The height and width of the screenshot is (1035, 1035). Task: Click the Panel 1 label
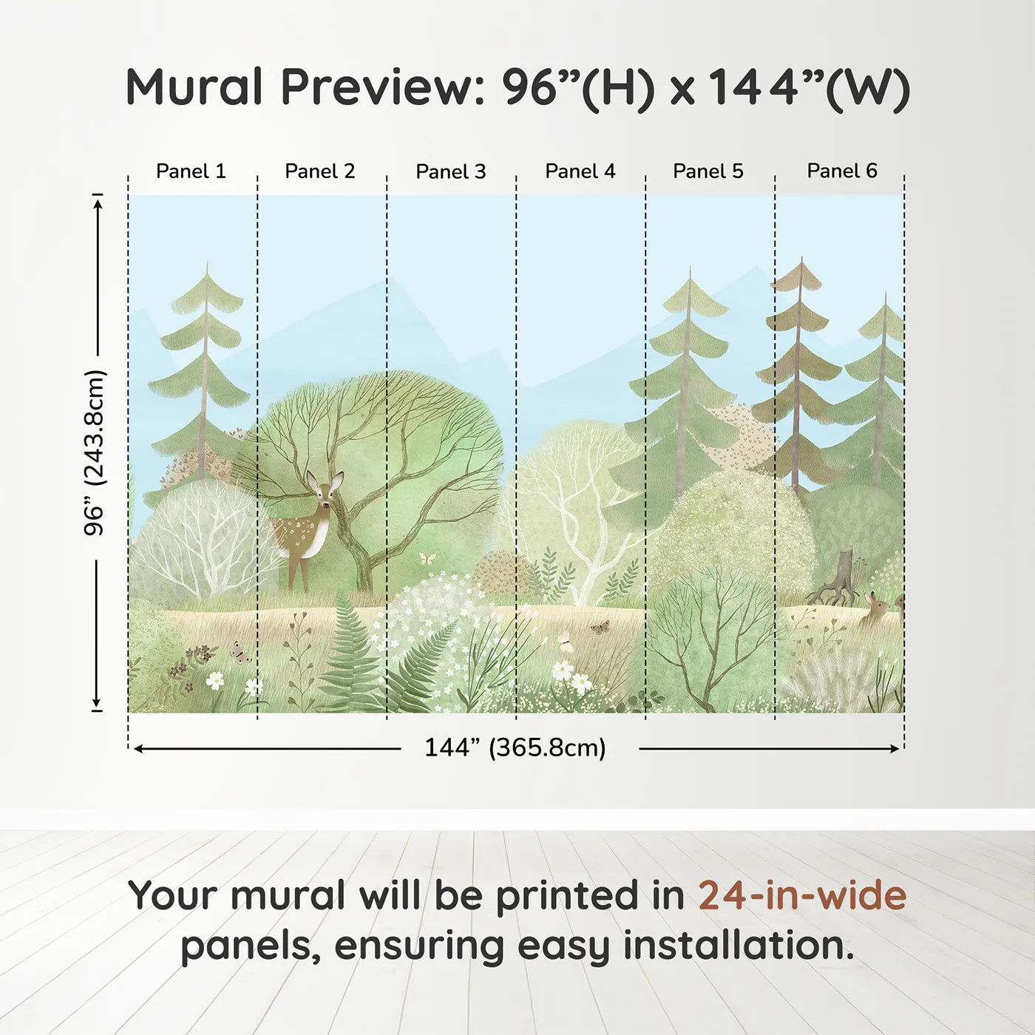[191, 172]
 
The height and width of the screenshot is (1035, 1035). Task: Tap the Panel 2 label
[320, 172]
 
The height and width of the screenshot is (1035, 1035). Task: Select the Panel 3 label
[451, 172]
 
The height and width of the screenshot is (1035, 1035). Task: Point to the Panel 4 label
[580, 172]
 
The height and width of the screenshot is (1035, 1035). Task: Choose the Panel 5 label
[708, 172]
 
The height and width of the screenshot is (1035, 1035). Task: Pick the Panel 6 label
[842, 171]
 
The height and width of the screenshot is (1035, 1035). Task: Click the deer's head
[325, 488]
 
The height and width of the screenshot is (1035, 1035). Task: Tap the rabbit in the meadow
[875, 610]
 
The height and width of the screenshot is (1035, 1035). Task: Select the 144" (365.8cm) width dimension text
[515, 747]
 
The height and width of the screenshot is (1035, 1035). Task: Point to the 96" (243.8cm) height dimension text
[95, 452]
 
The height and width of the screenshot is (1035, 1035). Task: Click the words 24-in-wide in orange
[802, 895]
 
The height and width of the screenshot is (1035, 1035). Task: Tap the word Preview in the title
[383, 87]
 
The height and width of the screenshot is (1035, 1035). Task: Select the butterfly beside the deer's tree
[427, 558]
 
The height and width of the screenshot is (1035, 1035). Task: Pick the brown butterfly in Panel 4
[600, 627]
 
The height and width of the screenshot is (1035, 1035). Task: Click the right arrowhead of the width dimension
[895, 749]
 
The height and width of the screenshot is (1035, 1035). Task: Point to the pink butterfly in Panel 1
[240, 653]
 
